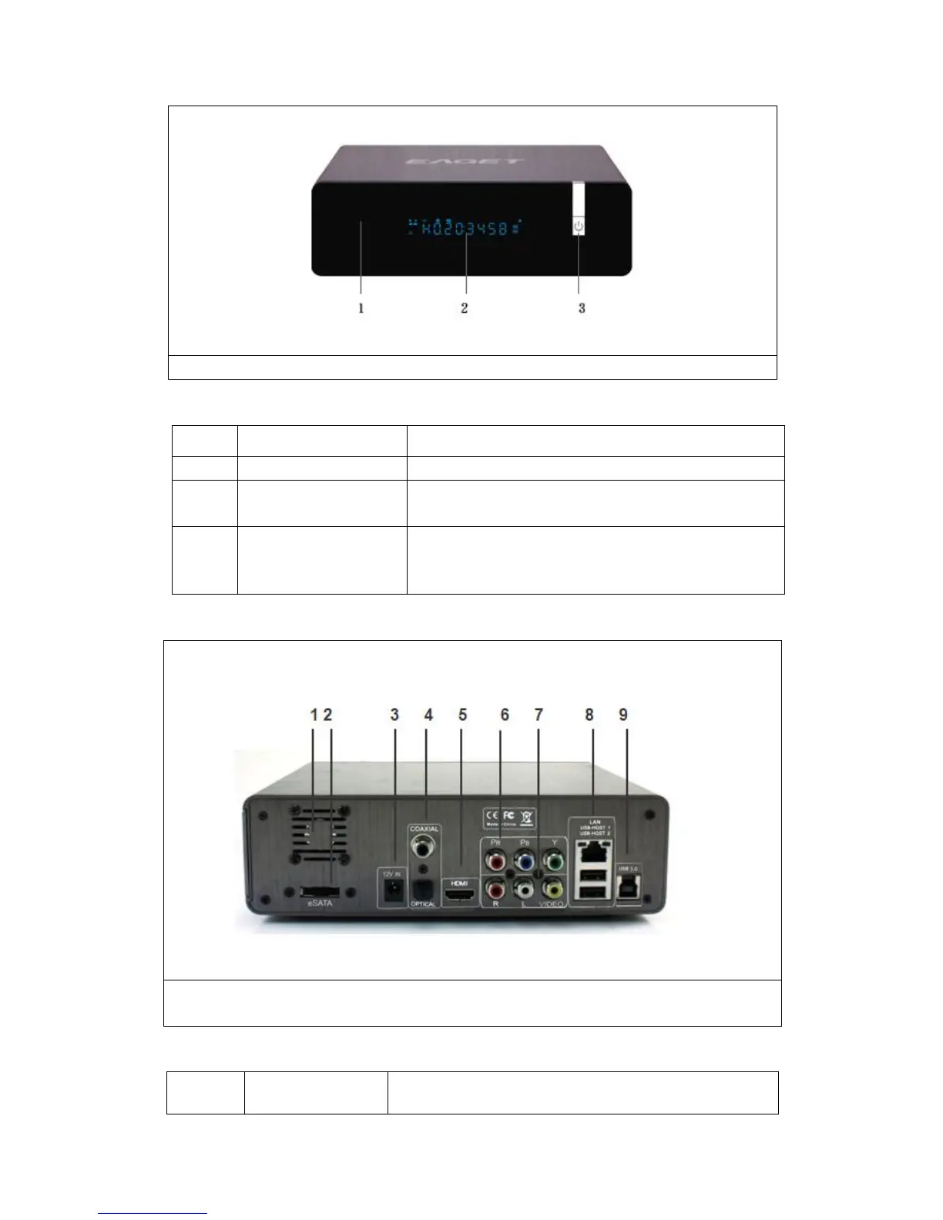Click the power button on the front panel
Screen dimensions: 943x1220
[579, 226]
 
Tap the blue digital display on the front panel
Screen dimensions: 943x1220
[466, 227]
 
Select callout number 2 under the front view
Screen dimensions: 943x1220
[464, 308]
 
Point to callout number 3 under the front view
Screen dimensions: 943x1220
[582, 308]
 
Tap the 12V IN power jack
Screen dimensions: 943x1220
[393, 890]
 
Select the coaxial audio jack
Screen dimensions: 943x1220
[423, 850]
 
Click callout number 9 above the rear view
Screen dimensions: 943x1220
[623, 715]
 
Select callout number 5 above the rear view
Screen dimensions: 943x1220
[462, 715]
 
